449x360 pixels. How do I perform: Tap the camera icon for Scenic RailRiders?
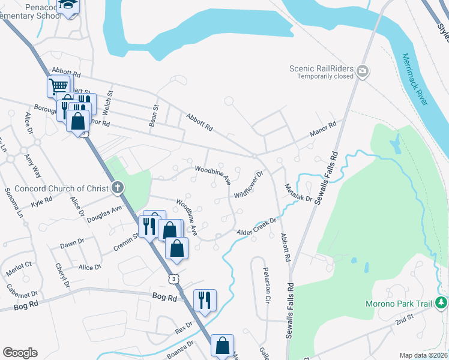tap(363, 72)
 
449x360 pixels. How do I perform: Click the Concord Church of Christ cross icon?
tap(118, 188)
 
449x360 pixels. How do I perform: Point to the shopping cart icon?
tap(58, 86)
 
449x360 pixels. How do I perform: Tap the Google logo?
tap(20, 353)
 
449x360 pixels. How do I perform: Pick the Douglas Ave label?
tap(104, 213)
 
